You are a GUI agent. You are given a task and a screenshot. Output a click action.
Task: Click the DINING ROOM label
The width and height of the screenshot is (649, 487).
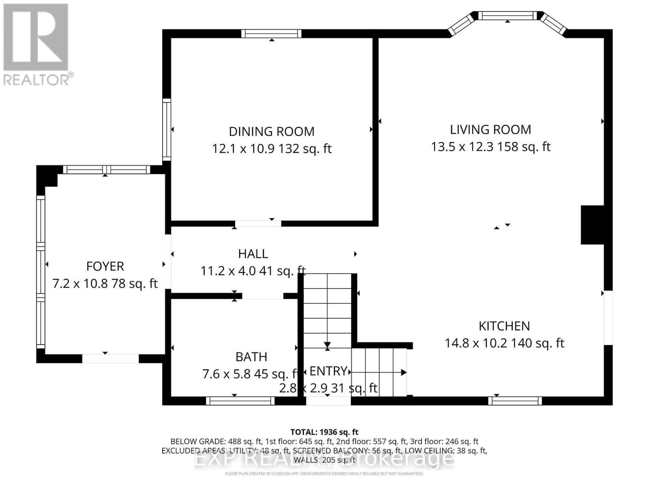tap(271, 131)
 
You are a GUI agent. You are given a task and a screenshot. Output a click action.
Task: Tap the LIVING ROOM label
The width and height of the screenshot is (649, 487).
tap(490, 129)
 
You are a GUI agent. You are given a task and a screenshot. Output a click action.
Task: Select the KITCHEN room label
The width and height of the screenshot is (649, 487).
tap(504, 326)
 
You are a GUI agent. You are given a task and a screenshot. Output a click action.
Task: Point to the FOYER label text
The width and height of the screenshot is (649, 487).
tap(105, 266)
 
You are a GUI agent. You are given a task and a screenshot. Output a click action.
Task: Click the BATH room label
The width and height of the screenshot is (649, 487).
tap(251, 357)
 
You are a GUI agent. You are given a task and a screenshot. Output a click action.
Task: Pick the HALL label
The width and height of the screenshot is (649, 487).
tap(253, 254)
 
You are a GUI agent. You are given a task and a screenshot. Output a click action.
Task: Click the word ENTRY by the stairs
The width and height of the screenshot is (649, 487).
tap(328, 371)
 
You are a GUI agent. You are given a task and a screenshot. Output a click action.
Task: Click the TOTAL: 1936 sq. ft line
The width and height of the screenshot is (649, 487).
tap(324, 432)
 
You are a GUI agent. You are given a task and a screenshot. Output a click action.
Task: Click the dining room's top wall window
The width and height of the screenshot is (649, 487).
tap(271, 34)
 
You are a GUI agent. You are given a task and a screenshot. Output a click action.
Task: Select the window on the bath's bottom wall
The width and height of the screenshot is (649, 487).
tap(240, 401)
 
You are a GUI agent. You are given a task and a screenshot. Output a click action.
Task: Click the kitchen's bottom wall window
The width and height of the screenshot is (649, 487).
tap(515, 401)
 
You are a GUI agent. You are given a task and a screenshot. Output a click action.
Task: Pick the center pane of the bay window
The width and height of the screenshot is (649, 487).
tap(507, 16)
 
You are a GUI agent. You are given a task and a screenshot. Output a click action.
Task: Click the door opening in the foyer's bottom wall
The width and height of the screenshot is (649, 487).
tap(110, 358)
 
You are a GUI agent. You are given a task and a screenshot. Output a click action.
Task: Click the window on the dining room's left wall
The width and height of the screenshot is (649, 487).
tap(166, 129)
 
